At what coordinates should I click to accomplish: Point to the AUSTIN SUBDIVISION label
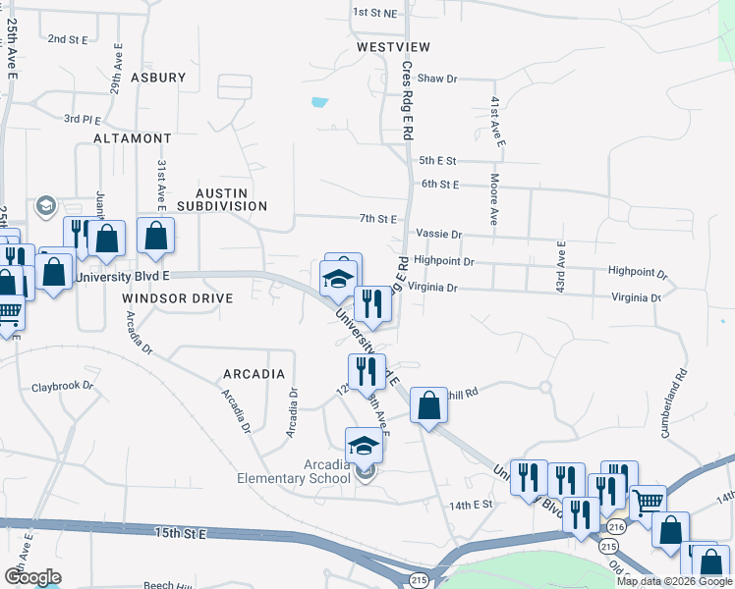pyautogui.click(x=222, y=199)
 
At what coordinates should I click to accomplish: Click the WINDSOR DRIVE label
pyautogui.click(x=178, y=297)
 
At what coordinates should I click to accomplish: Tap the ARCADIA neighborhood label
pyautogui.click(x=254, y=374)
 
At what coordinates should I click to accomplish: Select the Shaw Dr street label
pyautogui.click(x=437, y=79)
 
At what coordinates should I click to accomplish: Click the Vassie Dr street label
pyautogui.click(x=438, y=235)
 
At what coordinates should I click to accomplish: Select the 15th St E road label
pyautogui.click(x=181, y=533)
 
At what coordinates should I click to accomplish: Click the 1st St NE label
pyautogui.click(x=374, y=13)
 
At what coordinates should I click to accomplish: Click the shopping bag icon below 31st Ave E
pyautogui.click(x=155, y=237)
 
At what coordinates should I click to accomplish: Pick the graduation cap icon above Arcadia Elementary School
pyautogui.click(x=364, y=446)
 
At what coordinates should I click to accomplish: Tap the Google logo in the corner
pyautogui.click(x=32, y=577)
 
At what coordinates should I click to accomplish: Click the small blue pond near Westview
pyautogui.click(x=317, y=101)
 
